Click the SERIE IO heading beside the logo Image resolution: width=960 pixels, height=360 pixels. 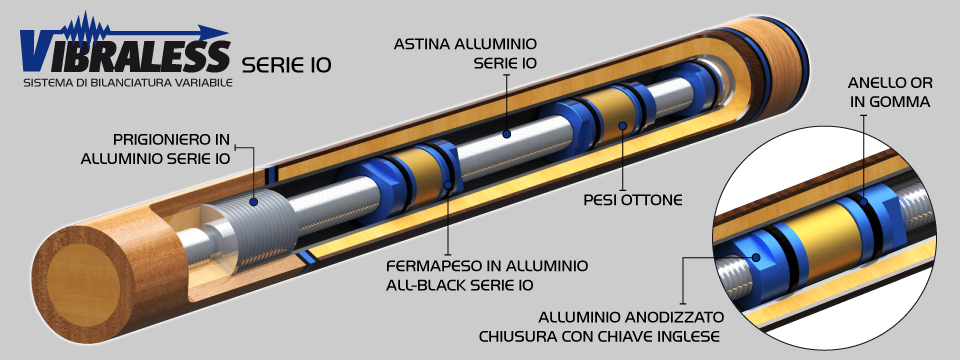click(287, 67)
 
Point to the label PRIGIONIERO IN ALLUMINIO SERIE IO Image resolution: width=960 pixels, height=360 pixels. click(171, 149)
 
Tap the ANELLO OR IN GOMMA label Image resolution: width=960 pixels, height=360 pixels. click(889, 94)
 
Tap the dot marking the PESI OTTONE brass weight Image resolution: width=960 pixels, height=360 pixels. click(622, 126)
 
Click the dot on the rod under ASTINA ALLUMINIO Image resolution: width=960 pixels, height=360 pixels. click(506, 132)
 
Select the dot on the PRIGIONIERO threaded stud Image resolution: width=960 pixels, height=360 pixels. click(255, 201)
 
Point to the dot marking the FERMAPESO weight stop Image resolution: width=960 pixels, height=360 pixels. click(447, 186)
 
